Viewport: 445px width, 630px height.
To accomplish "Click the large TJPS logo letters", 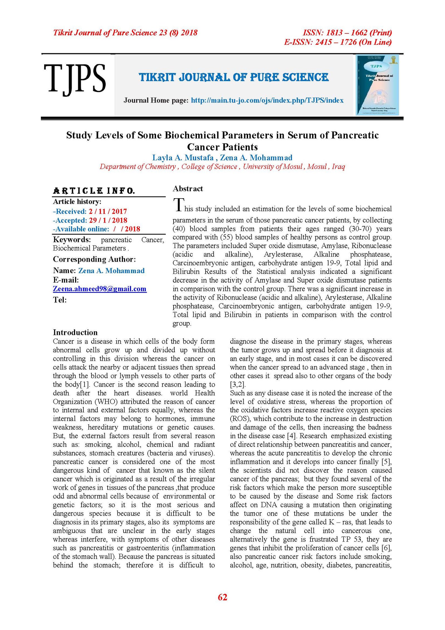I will click(x=75, y=79).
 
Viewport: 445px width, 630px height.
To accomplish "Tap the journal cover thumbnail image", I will click(x=377, y=85).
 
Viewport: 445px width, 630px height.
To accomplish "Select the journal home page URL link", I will click(x=267, y=100).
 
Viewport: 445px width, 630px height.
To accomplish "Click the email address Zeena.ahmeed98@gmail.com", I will click(x=100, y=289).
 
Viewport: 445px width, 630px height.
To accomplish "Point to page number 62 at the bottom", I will click(x=222, y=597).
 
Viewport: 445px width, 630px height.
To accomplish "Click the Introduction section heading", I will click(x=75, y=332).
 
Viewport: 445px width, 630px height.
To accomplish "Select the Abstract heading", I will click(x=188, y=189).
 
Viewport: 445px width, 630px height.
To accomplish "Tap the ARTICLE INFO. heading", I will click(x=94, y=191).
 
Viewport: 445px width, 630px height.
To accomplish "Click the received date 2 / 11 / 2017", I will click(x=108, y=211).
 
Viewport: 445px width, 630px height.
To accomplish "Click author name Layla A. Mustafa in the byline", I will click(x=183, y=158).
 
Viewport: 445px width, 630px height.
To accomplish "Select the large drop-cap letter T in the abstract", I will click(x=179, y=205).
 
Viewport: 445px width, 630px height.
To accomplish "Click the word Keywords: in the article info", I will click(x=72, y=240).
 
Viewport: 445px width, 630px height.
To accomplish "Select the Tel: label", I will click(x=60, y=300).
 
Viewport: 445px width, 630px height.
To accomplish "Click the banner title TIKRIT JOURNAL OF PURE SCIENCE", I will click(x=234, y=77).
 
